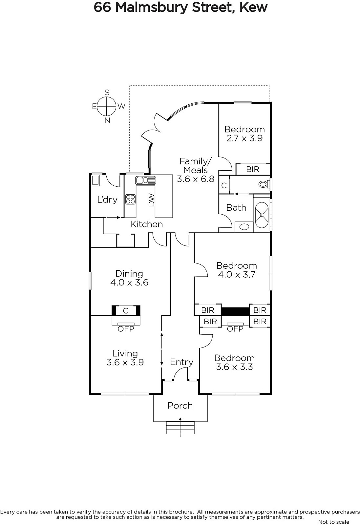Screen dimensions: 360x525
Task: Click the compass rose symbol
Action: click(107, 106)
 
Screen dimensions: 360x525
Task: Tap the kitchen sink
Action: click(145, 180)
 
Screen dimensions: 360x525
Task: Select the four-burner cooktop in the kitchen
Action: click(130, 199)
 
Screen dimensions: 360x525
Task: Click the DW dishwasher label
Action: click(152, 200)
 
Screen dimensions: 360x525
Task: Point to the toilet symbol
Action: click(264, 184)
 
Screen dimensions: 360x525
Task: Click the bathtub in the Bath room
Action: click(262, 215)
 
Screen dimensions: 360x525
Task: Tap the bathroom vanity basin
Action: click(244, 227)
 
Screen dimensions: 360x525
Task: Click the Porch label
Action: click(180, 406)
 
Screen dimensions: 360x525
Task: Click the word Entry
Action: click(181, 362)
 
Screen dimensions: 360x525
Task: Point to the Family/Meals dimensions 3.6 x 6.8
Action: click(196, 179)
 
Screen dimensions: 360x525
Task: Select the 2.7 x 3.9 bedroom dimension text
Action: click(244, 138)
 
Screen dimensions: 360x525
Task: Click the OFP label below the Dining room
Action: click(126, 329)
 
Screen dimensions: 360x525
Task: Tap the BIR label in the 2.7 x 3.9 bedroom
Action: click(253, 169)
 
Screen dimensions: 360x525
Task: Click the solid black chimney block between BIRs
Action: click(235, 311)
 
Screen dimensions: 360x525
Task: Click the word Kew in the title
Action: click(253, 8)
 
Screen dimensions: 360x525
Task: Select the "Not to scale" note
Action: click(333, 522)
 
